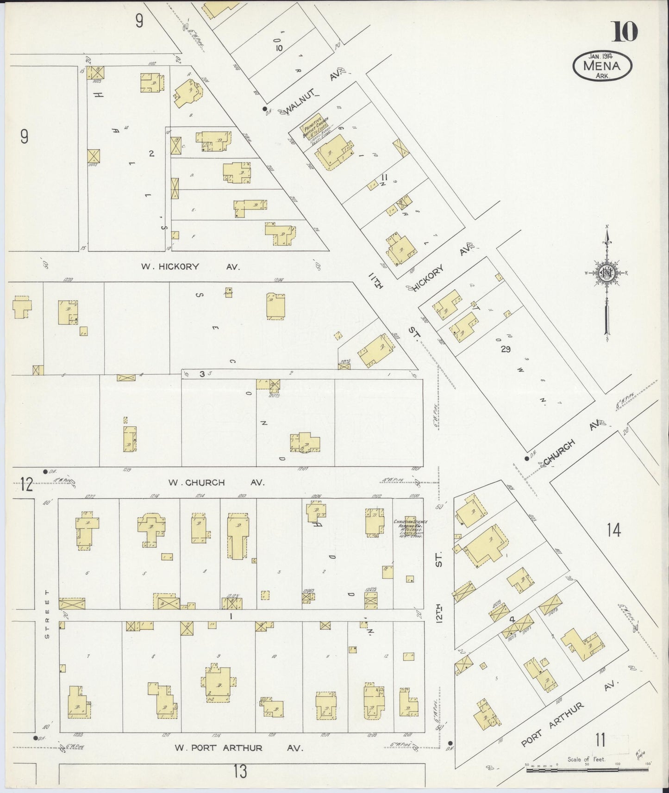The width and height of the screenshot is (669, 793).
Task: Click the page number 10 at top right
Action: pos(626,31)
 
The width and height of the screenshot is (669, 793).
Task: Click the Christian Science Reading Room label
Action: pos(410,527)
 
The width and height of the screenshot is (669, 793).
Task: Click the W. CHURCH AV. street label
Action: pos(216,483)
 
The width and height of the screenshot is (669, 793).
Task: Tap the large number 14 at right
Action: pos(614,531)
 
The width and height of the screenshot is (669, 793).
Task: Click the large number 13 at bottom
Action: pos(240,772)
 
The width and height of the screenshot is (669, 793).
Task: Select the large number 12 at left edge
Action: pos(26,486)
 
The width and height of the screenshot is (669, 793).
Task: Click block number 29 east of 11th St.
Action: pos(505,349)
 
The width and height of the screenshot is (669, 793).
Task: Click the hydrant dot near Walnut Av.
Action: pos(265,109)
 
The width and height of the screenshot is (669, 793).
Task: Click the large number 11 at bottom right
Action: pos(600,741)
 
